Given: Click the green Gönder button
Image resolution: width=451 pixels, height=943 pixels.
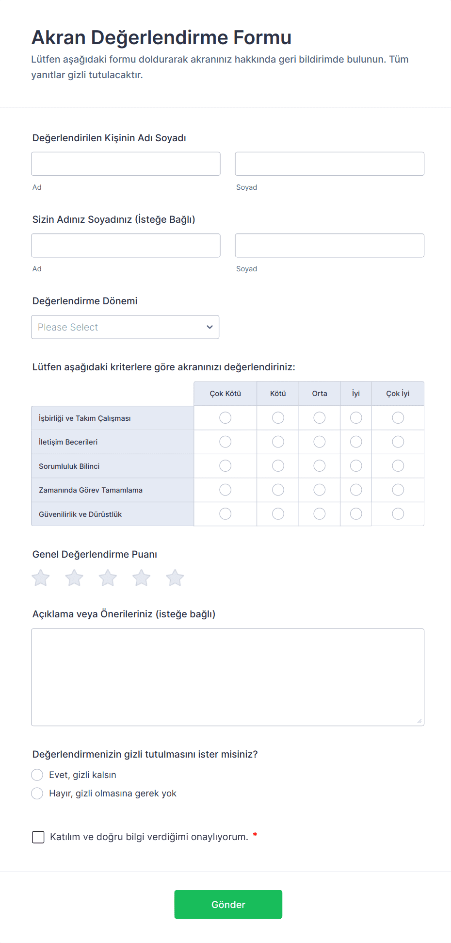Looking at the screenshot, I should [x=228, y=904].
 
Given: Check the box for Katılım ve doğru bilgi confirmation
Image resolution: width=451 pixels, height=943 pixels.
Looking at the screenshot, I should [x=38, y=837].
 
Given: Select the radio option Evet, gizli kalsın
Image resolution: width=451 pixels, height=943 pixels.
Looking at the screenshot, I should [x=37, y=775].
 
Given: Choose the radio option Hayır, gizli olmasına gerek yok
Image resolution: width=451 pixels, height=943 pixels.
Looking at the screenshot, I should [x=37, y=793].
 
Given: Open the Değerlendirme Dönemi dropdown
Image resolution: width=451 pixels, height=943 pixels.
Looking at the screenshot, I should [x=125, y=327].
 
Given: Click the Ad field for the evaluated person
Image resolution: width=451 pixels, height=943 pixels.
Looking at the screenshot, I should [x=126, y=164].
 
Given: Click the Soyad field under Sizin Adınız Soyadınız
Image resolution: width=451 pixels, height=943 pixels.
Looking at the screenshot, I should [x=329, y=246].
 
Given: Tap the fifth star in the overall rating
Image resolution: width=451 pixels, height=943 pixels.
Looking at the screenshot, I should [x=175, y=578].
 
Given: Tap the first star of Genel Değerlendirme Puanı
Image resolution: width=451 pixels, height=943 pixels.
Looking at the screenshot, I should [x=41, y=578].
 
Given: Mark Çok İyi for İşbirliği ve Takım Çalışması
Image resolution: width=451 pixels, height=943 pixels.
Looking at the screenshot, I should [x=398, y=418].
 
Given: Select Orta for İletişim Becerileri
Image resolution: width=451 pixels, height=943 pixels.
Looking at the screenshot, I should [x=319, y=442].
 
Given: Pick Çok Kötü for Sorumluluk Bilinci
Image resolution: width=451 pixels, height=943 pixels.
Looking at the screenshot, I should [x=225, y=466].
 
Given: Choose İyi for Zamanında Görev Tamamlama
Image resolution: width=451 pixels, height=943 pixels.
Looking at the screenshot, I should [x=356, y=490].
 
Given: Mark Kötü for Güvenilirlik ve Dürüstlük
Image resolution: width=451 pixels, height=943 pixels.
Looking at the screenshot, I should [x=278, y=514].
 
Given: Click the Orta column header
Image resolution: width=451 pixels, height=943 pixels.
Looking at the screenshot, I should [x=319, y=394].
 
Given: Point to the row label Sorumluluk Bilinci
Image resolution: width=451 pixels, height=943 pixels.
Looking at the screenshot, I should [x=69, y=466].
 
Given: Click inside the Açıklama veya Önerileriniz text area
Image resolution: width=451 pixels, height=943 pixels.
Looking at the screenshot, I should [x=227, y=677].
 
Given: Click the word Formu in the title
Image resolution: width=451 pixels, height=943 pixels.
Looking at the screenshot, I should [x=262, y=37].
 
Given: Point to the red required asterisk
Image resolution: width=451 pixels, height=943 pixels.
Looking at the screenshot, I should [x=255, y=835].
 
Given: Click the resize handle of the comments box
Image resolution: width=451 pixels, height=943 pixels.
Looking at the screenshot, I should [x=419, y=721].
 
